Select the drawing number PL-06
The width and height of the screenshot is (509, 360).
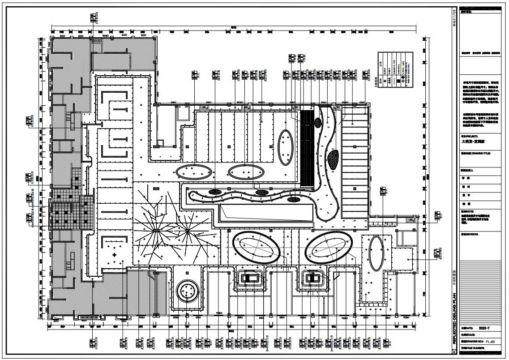pyautogui.click(x=490, y=342)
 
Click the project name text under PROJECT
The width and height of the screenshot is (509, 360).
pyautogui.click(x=473, y=141)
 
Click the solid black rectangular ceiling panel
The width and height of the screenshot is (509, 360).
pyautogui.click(x=307, y=148)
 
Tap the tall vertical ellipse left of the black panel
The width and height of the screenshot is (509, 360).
pyautogui.click(x=285, y=147)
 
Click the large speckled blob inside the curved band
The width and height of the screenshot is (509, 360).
pyautogui.click(x=333, y=159)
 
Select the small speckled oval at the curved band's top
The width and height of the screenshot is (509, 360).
pyautogui.click(x=317, y=122)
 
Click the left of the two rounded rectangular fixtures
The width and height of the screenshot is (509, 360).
pyautogui.click(x=248, y=278)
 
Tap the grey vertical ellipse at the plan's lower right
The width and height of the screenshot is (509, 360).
pyautogui.click(x=375, y=253)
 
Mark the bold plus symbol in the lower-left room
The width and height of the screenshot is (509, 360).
pyautogui.click(x=115, y=255)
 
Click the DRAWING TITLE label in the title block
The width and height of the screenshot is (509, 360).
pyautogui.click(x=475, y=154)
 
